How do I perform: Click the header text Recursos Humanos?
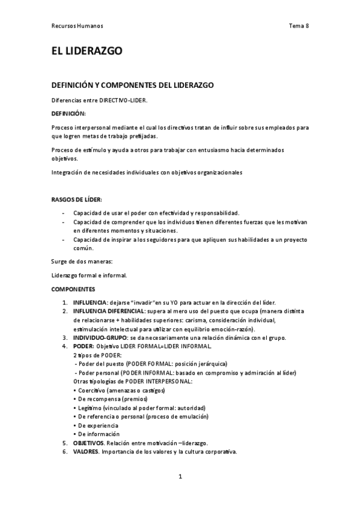click(77, 26)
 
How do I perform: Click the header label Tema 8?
click(299, 26)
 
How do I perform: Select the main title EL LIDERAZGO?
click(87, 52)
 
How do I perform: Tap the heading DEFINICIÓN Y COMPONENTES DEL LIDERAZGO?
click(132, 85)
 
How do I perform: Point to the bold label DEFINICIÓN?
click(69, 113)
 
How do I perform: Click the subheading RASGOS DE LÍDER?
click(76, 199)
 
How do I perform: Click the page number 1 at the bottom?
click(180, 476)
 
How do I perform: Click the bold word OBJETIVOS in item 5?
click(88, 443)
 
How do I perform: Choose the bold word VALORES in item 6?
click(86, 452)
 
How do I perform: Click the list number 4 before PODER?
click(65, 347)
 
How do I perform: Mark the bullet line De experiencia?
click(96, 425)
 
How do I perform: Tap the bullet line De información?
click(96, 434)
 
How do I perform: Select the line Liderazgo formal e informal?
click(89, 276)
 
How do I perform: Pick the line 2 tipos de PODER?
click(97, 355)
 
